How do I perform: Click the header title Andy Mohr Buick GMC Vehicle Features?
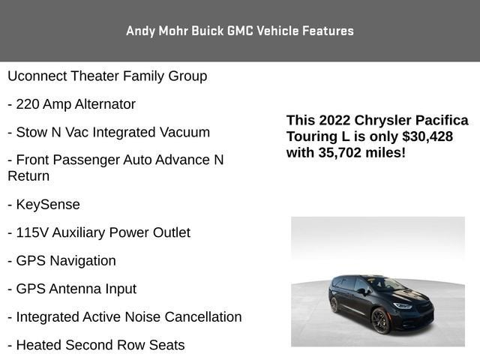[x=240, y=31]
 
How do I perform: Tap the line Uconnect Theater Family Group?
[x=107, y=76]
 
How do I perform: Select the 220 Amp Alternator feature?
[x=71, y=104]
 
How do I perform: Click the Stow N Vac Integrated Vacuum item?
[x=109, y=132]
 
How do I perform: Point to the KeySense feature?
[x=43, y=204]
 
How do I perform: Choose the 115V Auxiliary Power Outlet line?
[x=99, y=232]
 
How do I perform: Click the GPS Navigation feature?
[x=61, y=261]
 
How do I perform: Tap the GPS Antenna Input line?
[x=72, y=289]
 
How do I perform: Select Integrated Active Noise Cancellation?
[x=124, y=317]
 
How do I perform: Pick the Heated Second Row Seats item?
[x=96, y=345]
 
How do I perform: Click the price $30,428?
[x=427, y=136]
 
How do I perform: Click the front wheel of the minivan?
[x=381, y=320]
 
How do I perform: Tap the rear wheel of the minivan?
[x=334, y=304]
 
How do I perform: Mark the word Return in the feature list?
[x=28, y=176]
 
